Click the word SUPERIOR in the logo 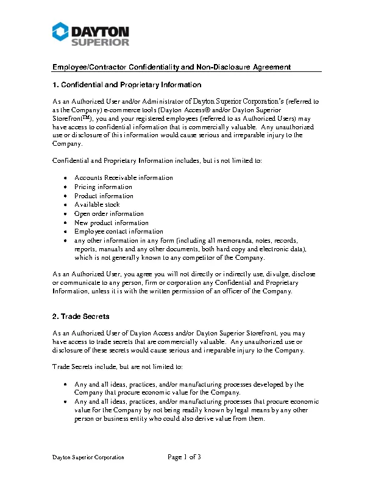(x=101, y=42)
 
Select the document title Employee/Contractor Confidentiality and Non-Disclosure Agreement (x=171, y=67)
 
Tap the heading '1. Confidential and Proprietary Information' (x=126, y=85)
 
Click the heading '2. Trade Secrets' (x=81, y=317)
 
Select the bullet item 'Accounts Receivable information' (x=124, y=177)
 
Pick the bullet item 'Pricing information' (x=103, y=187)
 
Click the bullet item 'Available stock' (x=97, y=205)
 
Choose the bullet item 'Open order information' (x=109, y=213)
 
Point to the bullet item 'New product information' (x=112, y=223)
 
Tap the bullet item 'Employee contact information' (x=119, y=232)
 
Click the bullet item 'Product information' (x=104, y=196)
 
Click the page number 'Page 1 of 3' (x=184, y=457)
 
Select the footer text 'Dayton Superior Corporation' (x=88, y=457)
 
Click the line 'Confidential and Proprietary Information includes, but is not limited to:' (x=157, y=160)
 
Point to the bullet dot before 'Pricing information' (x=65, y=187)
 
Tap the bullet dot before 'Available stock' (x=65, y=205)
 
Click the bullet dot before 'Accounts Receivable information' (x=65, y=178)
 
